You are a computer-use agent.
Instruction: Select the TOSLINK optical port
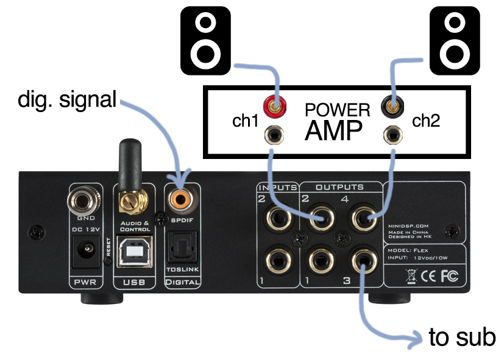click(180, 249)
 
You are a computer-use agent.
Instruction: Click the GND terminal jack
click(85, 198)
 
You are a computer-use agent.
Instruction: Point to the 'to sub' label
click(462, 337)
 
